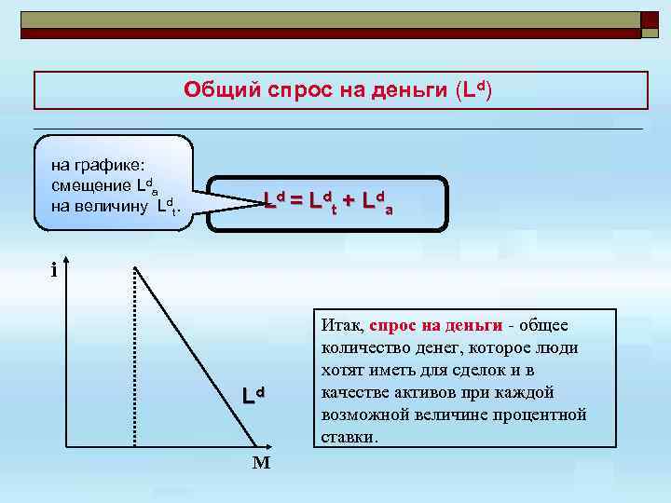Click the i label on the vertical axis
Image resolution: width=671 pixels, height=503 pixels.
[54, 271]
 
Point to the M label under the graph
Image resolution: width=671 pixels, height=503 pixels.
[260, 462]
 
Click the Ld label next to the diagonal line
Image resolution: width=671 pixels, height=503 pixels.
[253, 395]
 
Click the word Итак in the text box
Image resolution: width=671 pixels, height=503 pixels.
[340, 326]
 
